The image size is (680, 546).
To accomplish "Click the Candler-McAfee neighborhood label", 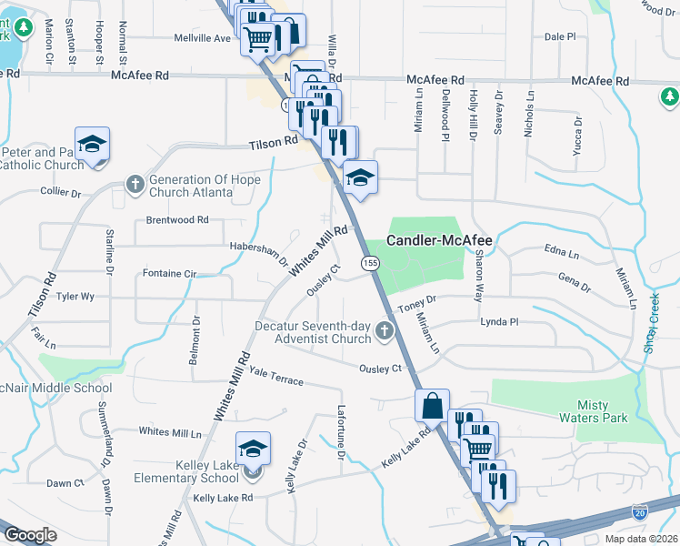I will pyautogui.click(x=440, y=241).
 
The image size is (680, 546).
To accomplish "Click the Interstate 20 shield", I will pyautogui.click(x=640, y=514).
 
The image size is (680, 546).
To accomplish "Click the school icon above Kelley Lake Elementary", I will pyautogui.click(x=253, y=449).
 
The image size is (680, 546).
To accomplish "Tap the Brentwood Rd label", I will pyautogui.click(x=177, y=220).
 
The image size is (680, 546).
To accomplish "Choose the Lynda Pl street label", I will pyautogui.click(x=499, y=322).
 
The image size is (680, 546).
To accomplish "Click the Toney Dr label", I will pyautogui.click(x=417, y=298).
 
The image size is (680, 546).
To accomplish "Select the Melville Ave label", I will pyautogui.click(x=203, y=38).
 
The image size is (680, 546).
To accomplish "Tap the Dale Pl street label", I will pyautogui.click(x=560, y=37).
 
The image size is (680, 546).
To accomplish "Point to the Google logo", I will pyautogui.click(x=30, y=535).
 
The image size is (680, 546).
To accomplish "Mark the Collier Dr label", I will pyautogui.click(x=61, y=192).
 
